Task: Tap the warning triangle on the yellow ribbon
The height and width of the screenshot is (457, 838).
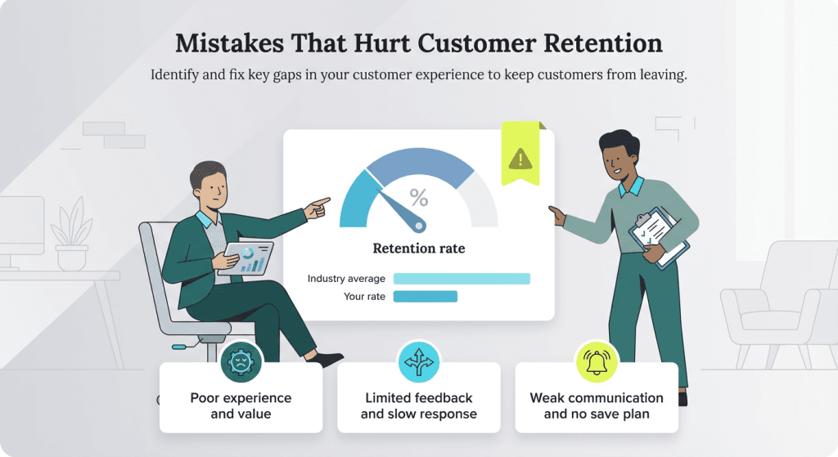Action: (520, 157)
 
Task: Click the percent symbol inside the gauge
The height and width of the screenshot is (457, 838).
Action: (418, 198)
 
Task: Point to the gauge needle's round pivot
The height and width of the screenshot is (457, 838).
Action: (419, 224)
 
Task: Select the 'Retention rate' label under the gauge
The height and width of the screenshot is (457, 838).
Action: (418, 249)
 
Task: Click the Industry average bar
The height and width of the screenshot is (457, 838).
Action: (462, 279)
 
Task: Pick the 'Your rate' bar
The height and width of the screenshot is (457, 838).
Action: (425, 296)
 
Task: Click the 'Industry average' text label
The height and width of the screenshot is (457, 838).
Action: (346, 279)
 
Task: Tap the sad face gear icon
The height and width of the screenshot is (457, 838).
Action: (241, 362)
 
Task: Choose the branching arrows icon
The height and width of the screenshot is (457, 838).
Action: (418, 361)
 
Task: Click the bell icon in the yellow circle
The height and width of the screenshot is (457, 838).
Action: (597, 361)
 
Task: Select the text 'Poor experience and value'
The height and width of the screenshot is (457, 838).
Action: (241, 405)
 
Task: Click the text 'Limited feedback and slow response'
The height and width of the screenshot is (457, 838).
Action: (418, 405)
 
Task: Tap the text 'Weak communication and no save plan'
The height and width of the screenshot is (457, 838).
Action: (597, 405)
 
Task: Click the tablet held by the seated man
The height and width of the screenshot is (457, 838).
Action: (249, 258)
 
